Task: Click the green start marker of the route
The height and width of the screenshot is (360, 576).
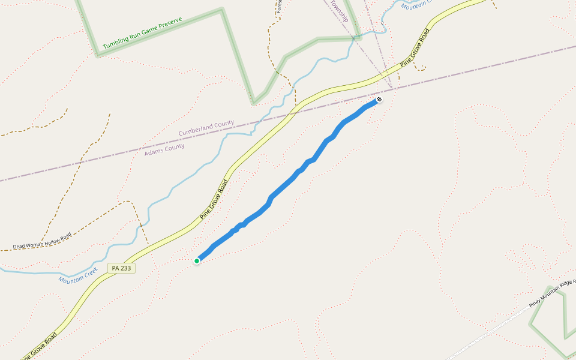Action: click(x=197, y=260)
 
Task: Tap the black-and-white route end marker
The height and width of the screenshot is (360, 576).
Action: click(x=379, y=98)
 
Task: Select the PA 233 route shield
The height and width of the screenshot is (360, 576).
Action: click(x=121, y=268)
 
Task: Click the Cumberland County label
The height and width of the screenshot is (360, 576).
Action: click(x=206, y=128)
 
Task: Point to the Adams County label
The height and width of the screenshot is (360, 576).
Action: click(x=164, y=149)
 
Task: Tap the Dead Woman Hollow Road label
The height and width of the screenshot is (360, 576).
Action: click(x=42, y=241)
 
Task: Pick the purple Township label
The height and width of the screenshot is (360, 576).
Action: click(x=338, y=11)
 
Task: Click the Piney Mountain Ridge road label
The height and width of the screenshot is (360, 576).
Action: click(x=552, y=293)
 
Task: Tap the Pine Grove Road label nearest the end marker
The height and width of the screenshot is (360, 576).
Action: click(x=416, y=47)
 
